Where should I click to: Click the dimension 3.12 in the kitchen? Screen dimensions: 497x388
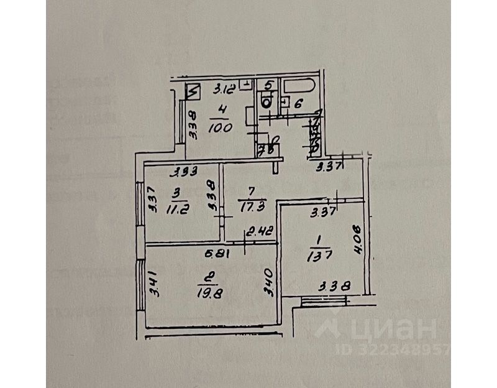tap(224, 88)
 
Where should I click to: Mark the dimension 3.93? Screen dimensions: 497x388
tap(185, 172)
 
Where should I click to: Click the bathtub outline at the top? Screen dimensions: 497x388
tap(299, 85)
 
